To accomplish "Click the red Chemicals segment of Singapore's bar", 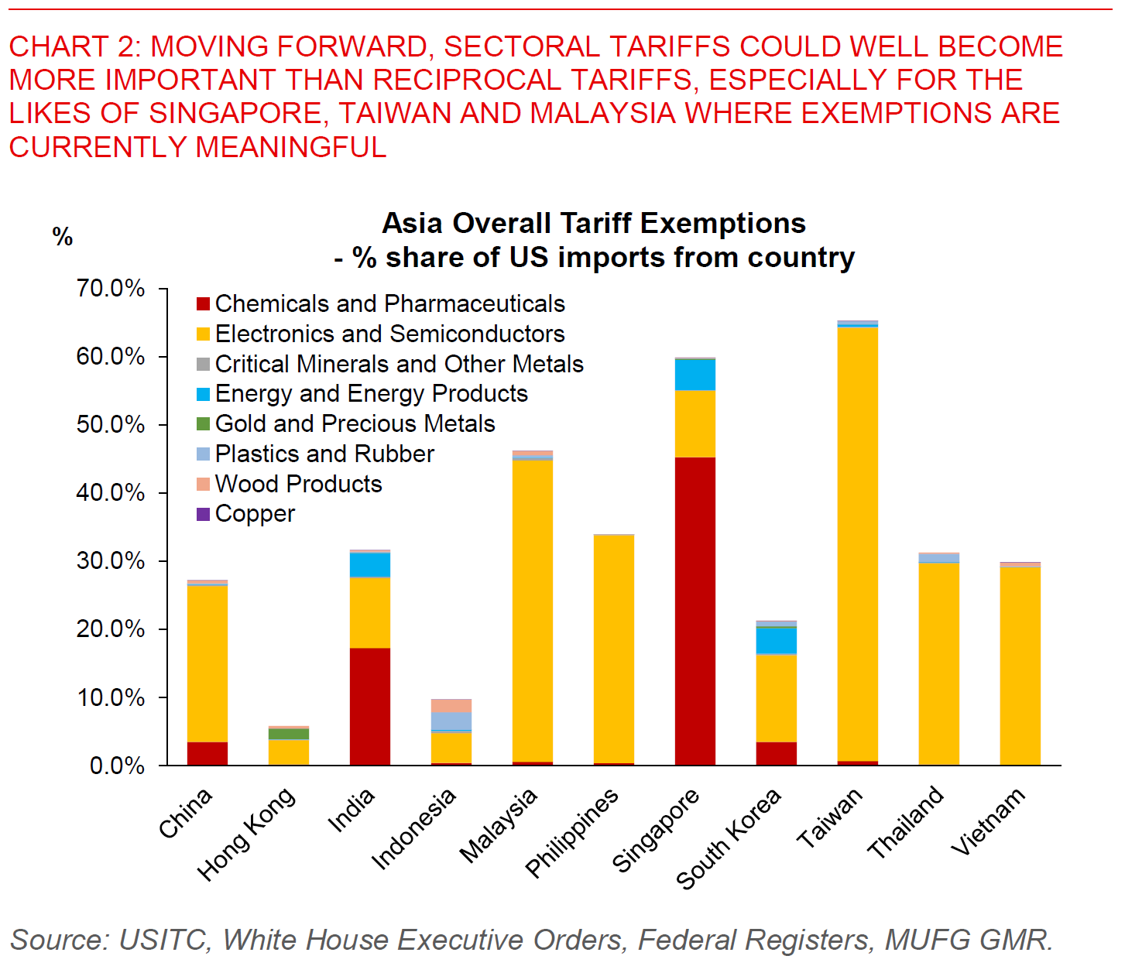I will [695, 611].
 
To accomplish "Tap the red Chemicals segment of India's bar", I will [369, 706].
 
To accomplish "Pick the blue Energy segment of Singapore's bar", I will [695, 375].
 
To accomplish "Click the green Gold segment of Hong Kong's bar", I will [288, 734].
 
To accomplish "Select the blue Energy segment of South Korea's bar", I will [776, 640].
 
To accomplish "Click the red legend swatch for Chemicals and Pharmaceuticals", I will [203, 303].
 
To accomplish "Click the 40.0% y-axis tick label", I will [111, 493].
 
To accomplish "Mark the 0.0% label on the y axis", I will [117, 766].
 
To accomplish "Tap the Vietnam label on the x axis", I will [988, 821].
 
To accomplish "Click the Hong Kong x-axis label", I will [246, 834].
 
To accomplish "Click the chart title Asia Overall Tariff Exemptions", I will [594, 224].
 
